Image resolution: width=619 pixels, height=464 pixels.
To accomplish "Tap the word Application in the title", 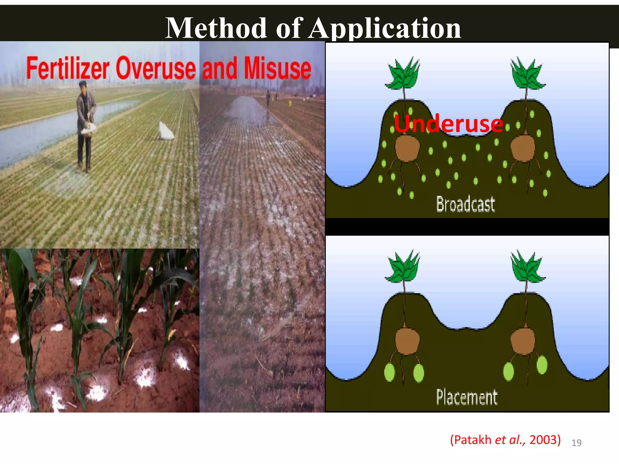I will (x=385, y=29).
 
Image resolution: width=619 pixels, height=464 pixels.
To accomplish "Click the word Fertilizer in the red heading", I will (x=68, y=68).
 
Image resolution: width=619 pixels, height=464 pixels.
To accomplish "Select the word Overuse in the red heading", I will (x=156, y=68).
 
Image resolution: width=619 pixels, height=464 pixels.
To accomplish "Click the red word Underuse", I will (x=448, y=124).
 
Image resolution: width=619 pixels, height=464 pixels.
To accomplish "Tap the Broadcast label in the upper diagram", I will (x=465, y=204).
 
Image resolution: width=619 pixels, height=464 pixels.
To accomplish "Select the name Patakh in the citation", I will (x=472, y=440).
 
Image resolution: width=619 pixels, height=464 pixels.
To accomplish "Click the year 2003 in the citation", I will (x=543, y=440).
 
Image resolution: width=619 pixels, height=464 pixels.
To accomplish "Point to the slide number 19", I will (x=576, y=443).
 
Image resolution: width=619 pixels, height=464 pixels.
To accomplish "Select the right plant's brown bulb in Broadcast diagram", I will (x=523, y=148).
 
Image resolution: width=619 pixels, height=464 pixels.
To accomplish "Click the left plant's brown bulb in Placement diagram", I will (x=407, y=341).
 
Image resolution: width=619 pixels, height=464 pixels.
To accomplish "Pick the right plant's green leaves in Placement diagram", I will (x=527, y=267).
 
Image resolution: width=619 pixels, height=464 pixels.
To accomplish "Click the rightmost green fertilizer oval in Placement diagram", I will (x=542, y=365).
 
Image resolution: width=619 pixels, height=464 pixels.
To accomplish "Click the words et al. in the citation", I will (x=510, y=440).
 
